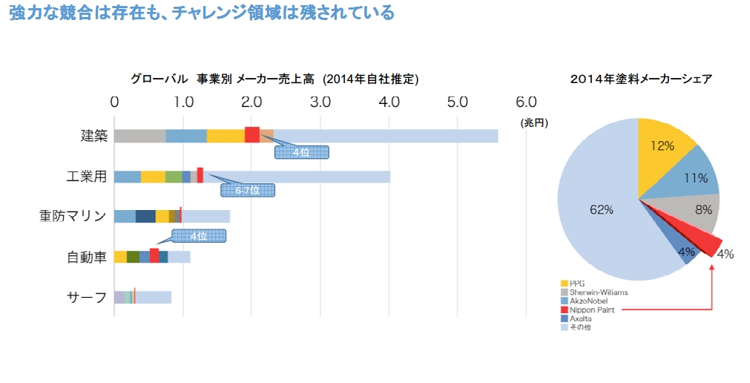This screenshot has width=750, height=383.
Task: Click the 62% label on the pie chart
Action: point(602,210)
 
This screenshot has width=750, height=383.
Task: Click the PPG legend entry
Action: point(576,283)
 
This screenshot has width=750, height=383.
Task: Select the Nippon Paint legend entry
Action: point(587,310)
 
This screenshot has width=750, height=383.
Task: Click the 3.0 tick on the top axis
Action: point(320,102)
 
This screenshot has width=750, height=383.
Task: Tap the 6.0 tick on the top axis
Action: point(526,102)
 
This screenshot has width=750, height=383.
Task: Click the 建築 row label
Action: point(94,136)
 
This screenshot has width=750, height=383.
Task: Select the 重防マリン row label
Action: point(73,216)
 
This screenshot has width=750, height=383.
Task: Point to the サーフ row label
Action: point(87,297)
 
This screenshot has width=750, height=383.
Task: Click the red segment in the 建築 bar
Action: point(252,135)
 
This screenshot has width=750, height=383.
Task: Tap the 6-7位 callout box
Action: point(248,190)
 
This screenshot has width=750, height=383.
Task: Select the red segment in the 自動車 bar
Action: point(154,256)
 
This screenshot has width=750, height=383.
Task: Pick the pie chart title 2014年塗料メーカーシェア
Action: point(641,79)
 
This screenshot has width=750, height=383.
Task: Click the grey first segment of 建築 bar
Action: point(139,136)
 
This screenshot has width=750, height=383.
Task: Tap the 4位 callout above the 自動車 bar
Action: point(198,236)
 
